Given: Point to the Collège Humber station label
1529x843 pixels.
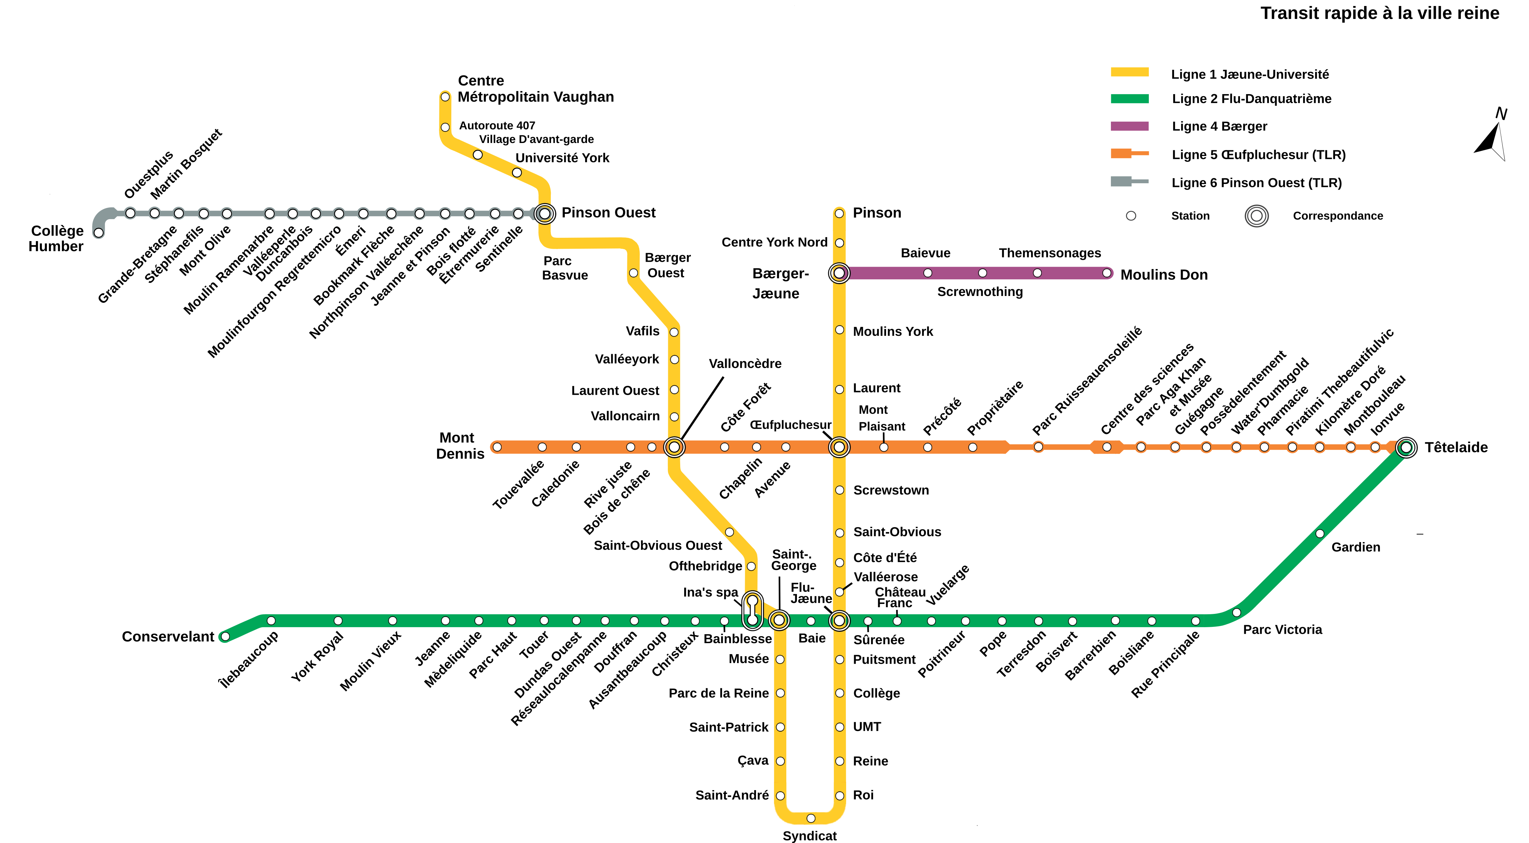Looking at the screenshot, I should point(57,238).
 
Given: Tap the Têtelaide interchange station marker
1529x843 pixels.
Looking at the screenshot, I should point(1406,447).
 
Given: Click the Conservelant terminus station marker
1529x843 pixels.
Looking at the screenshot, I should point(225,636).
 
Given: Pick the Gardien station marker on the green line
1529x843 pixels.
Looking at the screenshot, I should point(1319,533).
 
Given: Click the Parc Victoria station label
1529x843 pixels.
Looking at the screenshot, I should point(1282,630).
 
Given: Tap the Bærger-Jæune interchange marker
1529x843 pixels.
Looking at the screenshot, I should point(839,273).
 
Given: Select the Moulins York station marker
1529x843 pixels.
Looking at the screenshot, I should point(839,330).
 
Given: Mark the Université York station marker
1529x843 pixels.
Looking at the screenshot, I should point(517,173).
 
